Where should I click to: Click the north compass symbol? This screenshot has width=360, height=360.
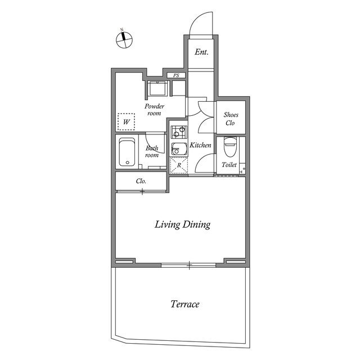(x=124, y=40)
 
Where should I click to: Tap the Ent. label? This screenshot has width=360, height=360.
(x=201, y=52)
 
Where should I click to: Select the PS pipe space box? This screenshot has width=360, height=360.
(x=176, y=75)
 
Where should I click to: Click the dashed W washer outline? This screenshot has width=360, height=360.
(x=126, y=121)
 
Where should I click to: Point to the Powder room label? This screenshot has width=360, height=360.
(x=154, y=110)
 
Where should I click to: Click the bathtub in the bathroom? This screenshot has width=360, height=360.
(x=127, y=152)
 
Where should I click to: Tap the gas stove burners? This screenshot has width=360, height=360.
(x=179, y=132)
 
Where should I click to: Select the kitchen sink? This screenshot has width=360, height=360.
(x=179, y=148)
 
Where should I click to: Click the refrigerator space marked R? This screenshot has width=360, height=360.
(x=179, y=165)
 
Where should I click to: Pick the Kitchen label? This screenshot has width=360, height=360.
(x=200, y=145)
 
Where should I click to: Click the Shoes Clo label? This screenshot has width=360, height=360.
(x=231, y=119)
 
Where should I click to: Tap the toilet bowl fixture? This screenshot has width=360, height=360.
(x=230, y=147)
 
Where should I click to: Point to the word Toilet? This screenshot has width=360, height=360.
(x=229, y=165)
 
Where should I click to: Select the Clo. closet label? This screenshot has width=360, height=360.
(x=141, y=181)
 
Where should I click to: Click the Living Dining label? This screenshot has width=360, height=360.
(x=182, y=224)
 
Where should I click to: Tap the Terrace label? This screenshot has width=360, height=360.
(x=185, y=304)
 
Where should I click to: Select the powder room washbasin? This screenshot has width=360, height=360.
(x=157, y=88)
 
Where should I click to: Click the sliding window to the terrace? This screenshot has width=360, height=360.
(x=189, y=265)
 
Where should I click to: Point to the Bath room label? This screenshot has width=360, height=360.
(x=152, y=151)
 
